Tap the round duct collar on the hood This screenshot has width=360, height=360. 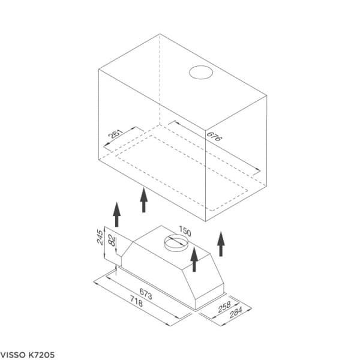point(176,242)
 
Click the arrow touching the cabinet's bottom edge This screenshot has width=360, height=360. point(143,200)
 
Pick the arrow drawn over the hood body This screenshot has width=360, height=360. point(194,260)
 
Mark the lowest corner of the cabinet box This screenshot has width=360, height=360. point(206,220)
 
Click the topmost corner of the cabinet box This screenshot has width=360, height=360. point(161,34)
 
